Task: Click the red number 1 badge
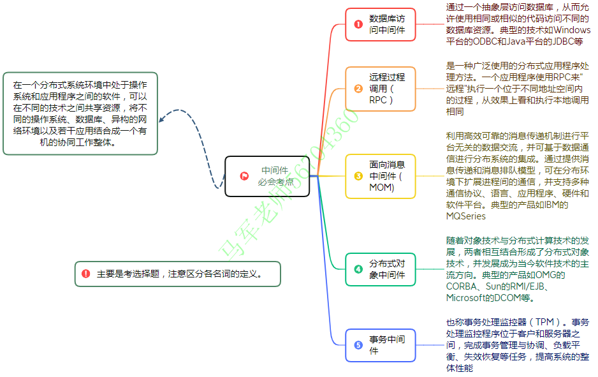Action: coord(358,24)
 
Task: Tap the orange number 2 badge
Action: coord(358,89)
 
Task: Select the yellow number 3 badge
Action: coord(358,176)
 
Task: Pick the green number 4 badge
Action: coord(358,269)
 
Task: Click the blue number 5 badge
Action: coord(358,345)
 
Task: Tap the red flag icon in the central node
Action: coord(244,176)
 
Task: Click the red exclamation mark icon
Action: coord(85,274)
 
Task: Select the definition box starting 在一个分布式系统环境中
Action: coord(80,113)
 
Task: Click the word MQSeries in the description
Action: coord(466,216)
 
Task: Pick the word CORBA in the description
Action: coord(461,286)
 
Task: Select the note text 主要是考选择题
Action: coord(131,274)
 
